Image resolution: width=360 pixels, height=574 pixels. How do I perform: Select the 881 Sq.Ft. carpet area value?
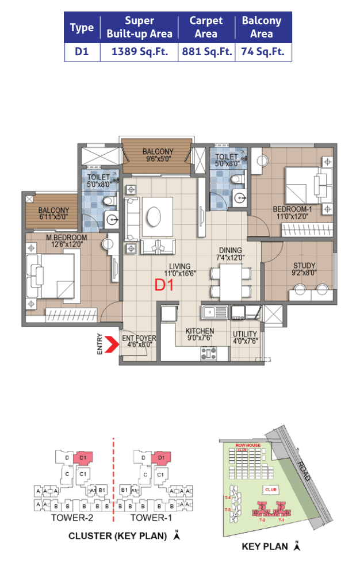206,52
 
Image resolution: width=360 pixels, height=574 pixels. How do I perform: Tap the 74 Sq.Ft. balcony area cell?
262,52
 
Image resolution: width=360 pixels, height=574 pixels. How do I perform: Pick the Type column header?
82,28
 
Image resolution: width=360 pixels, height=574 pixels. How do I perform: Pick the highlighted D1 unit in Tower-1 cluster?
161,458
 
